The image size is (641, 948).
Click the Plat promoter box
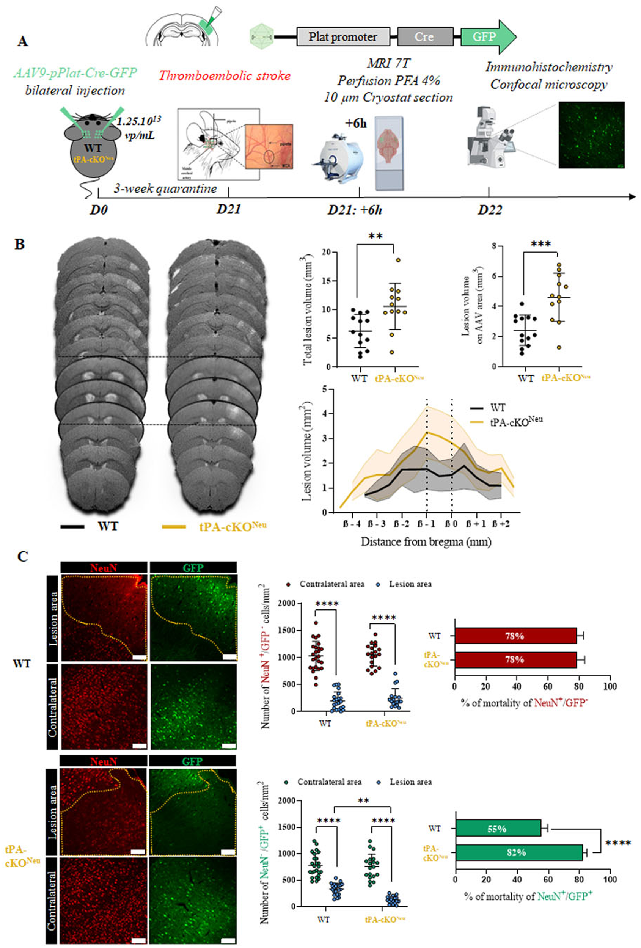tap(343, 37)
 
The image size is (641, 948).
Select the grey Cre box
tap(425, 37)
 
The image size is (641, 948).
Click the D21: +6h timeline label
tap(355, 210)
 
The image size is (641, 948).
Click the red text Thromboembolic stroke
tap(225, 75)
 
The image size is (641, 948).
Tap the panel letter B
tap(20, 244)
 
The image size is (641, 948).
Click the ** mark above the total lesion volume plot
tap(375, 237)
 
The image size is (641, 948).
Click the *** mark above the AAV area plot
tap(540, 244)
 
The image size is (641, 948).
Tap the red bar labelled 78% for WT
tap(515, 636)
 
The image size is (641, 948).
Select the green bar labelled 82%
tap(518, 852)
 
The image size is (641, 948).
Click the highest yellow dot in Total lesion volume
tap(398, 260)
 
